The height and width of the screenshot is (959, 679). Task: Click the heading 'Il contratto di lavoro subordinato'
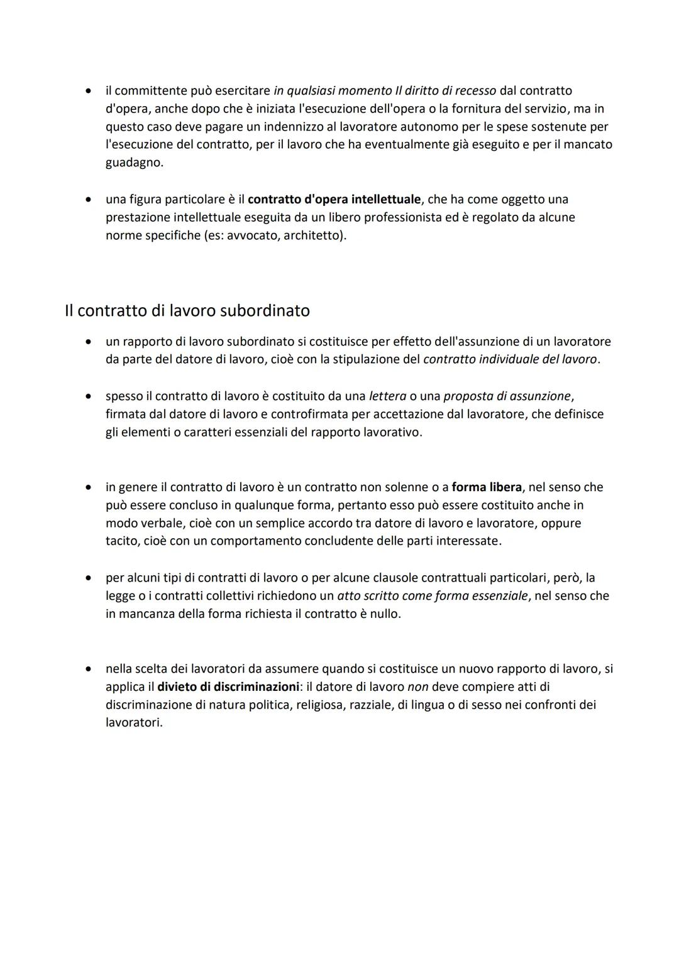point(187,311)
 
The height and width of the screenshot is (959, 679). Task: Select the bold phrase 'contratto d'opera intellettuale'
point(334,200)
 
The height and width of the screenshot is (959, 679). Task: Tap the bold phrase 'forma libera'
point(486,487)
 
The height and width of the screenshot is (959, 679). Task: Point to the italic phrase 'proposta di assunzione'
point(507,396)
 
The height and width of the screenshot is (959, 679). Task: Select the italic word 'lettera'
point(387,396)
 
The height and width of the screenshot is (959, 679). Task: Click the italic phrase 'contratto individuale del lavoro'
point(510,360)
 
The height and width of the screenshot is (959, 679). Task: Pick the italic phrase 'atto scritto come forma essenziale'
point(432,596)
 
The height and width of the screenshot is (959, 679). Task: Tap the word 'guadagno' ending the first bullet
point(133,163)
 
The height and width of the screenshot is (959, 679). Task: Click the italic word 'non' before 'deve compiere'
point(417,687)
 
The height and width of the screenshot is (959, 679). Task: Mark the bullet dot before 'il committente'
point(90,91)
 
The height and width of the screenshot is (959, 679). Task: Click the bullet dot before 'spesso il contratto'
point(90,397)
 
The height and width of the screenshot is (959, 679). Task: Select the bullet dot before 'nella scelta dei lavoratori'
point(90,669)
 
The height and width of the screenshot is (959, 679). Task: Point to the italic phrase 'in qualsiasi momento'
point(333,91)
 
